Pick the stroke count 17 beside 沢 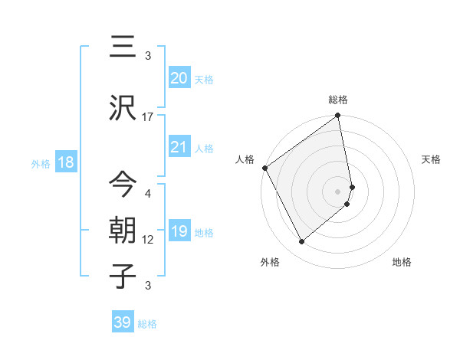[x=148, y=117]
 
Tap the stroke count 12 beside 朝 [x=148, y=240]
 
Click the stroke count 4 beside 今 [x=148, y=195]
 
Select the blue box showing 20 [x=179, y=78]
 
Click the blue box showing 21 [x=179, y=147]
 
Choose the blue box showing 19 [x=179, y=231]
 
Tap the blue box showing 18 [x=64, y=162]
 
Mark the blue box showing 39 [x=123, y=322]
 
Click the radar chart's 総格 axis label [x=338, y=100]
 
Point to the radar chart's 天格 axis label [x=431, y=159]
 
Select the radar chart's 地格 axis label [x=402, y=262]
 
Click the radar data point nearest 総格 [x=338, y=116]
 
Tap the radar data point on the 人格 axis [x=264, y=168]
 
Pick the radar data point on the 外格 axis [x=301, y=241]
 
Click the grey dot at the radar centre [x=338, y=191]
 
